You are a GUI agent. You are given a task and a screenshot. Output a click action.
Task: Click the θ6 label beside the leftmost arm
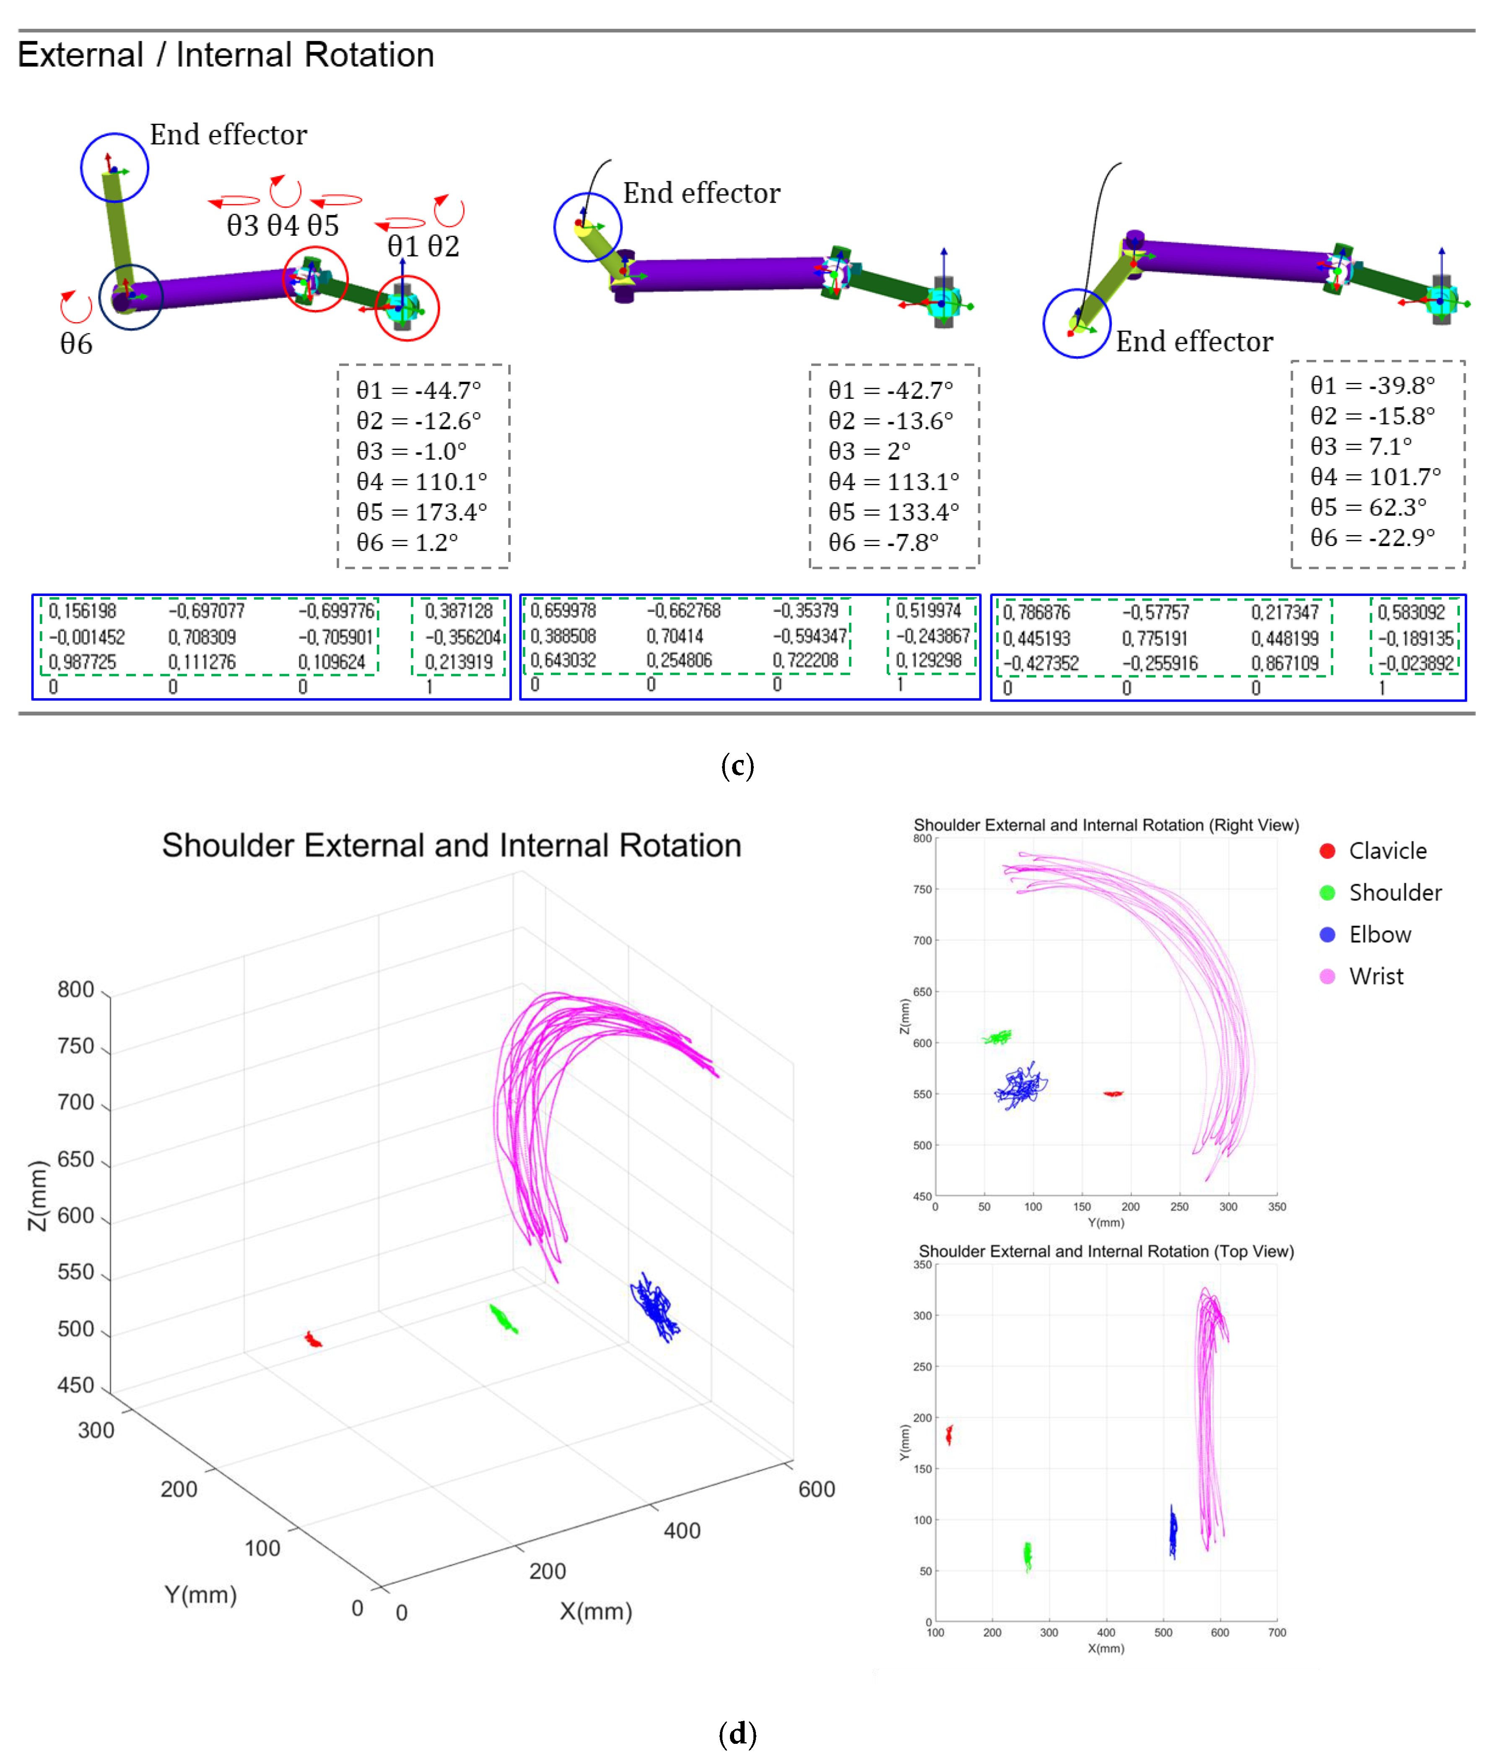[76, 344]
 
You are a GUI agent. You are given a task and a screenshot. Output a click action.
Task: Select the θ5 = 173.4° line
[421, 511]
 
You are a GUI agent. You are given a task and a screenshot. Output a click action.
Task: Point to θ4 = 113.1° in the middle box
[893, 481]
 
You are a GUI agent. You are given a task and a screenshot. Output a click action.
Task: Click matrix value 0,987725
[82, 662]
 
